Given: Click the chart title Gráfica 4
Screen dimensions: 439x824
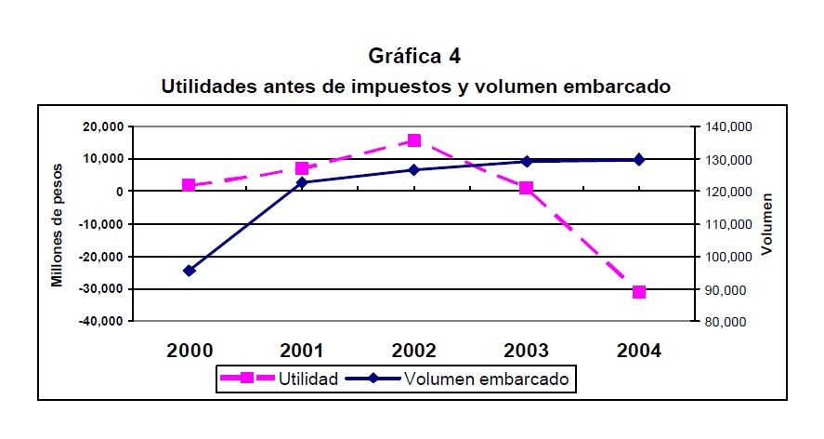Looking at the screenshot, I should tap(414, 57).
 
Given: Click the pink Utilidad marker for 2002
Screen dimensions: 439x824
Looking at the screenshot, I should tap(414, 140).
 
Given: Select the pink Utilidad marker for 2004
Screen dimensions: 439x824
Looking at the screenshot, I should tap(639, 292).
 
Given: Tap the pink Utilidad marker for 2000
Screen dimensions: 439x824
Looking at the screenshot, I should tap(189, 185).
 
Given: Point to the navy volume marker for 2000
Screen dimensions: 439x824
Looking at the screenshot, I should tap(189, 271).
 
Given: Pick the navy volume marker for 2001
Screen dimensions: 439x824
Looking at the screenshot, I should tap(302, 182).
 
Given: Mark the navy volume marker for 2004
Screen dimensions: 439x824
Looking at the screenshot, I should tap(639, 160).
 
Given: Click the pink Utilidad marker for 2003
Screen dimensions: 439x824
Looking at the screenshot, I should tap(527, 188).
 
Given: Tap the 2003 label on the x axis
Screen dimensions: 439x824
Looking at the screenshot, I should tap(527, 351).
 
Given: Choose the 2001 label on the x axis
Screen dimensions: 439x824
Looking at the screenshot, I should tap(302, 351).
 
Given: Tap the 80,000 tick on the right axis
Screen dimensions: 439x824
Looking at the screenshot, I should tap(724, 322).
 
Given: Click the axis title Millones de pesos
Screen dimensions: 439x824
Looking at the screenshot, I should tap(57, 224).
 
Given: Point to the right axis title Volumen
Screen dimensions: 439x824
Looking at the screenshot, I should tap(767, 224).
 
